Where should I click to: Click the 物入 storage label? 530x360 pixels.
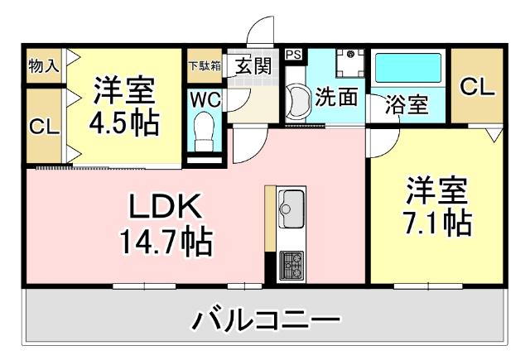(x=43, y=65)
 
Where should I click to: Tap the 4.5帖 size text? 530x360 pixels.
(x=125, y=122)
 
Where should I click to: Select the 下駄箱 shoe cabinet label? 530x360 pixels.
(x=204, y=66)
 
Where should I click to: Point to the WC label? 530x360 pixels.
(x=204, y=99)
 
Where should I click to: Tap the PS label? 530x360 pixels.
(x=294, y=55)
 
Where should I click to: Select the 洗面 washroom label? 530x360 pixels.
(x=338, y=97)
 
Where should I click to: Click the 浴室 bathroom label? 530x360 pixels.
(x=407, y=105)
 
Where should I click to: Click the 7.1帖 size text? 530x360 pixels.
(x=439, y=222)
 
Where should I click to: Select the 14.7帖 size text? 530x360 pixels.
(x=166, y=243)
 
